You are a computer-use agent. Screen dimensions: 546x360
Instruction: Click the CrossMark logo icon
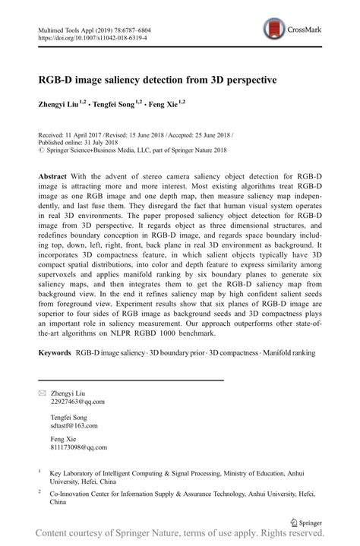(x=274, y=31)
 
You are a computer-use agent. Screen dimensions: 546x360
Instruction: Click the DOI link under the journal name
(x=92, y=36)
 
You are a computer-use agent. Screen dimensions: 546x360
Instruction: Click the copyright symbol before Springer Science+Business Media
(x=41, y=150)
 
